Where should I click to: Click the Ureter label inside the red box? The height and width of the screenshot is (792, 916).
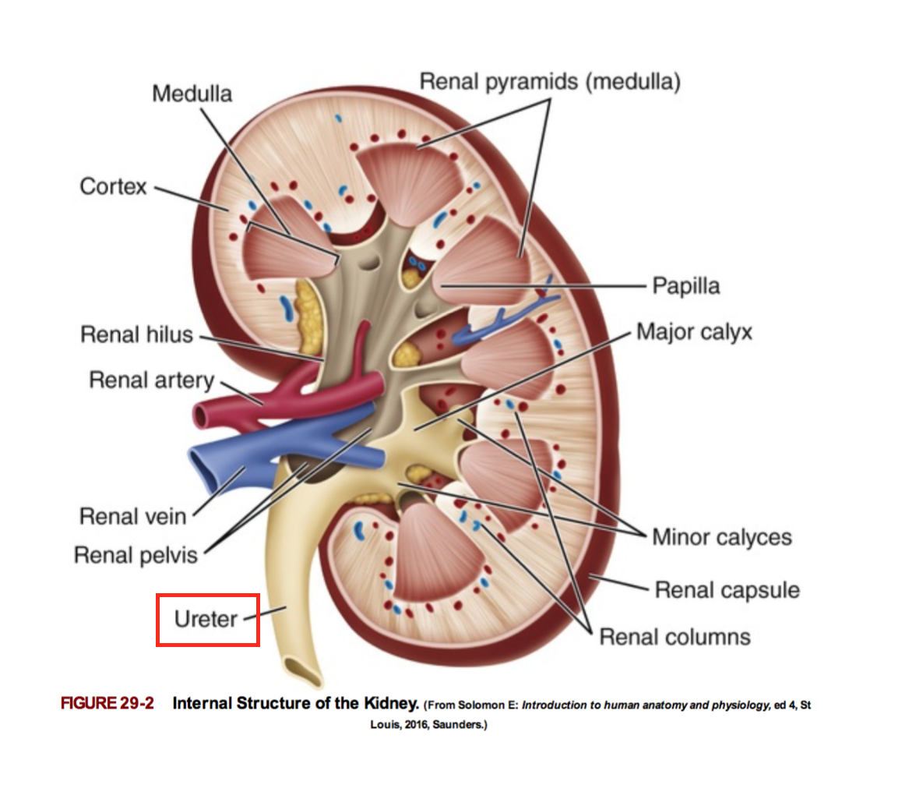(x=206, y=619)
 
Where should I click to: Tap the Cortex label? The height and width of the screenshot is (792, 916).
(x=113, y=187)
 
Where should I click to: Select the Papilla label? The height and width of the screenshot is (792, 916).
(x=685, y=286)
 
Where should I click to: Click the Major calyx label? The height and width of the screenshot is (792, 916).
(x=694, y=332)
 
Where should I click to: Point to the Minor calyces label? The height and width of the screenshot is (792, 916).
(x=721, y=537)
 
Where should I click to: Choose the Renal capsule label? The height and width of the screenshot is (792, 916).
(x=727, y=589)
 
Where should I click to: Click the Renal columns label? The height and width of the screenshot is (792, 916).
(x=675, y=637)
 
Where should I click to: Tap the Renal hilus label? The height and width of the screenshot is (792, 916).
(x=136, y=335)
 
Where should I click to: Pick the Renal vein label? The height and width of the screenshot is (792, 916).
(x=133, y=516)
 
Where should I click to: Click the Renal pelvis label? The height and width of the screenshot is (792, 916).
(x=136, y=555)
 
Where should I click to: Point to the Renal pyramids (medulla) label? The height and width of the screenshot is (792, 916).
(x=550, y=81)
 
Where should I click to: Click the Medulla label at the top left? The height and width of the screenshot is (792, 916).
(x=192, y=94)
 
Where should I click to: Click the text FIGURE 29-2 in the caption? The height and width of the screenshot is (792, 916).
(x=107, y=703)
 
